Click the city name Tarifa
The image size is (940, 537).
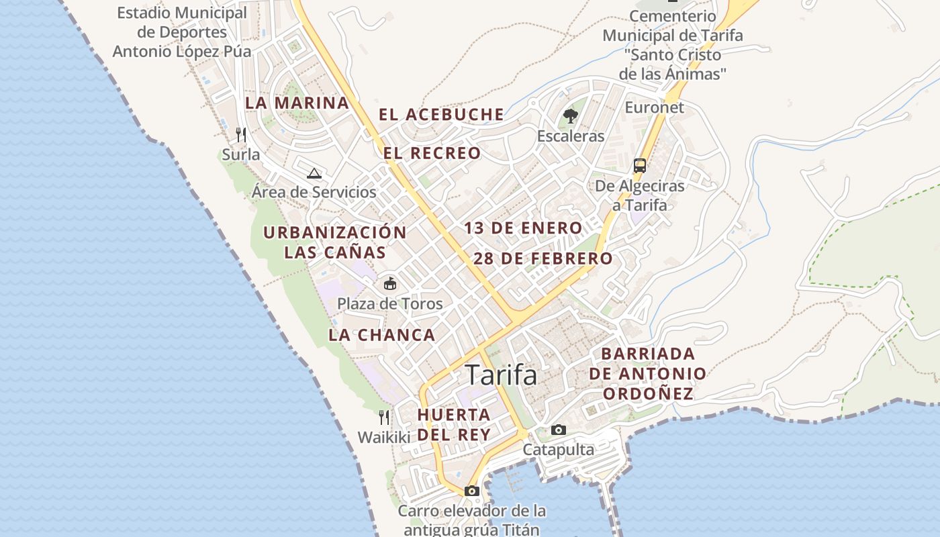pos(501,375)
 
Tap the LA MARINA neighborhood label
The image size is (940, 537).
pos(297,103)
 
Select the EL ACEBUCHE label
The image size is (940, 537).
pos(441,114)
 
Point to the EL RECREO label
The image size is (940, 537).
pos(432,153)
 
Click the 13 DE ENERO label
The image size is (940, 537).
pos(523,228)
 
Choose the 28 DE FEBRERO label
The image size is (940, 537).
pos(543,258)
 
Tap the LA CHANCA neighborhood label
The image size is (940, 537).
pos(382,334)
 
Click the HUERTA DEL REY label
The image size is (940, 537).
pos(454,424)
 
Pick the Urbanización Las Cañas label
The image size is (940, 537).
pos(335,242)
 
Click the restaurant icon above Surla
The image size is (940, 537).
pos(241,135)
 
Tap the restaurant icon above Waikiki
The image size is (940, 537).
pos(384,418)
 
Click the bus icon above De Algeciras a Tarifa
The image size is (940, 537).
pos(640,166)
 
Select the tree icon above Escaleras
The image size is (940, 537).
pos(571,116)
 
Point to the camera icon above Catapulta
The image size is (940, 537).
pos(559,430)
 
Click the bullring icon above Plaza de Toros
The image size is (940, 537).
pos(390,283)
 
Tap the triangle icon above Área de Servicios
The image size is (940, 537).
pos(314,173)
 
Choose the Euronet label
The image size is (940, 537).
pos(654,107)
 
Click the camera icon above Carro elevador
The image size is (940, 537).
pos(472,491)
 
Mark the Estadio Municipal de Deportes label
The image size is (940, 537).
pos(182,32)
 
